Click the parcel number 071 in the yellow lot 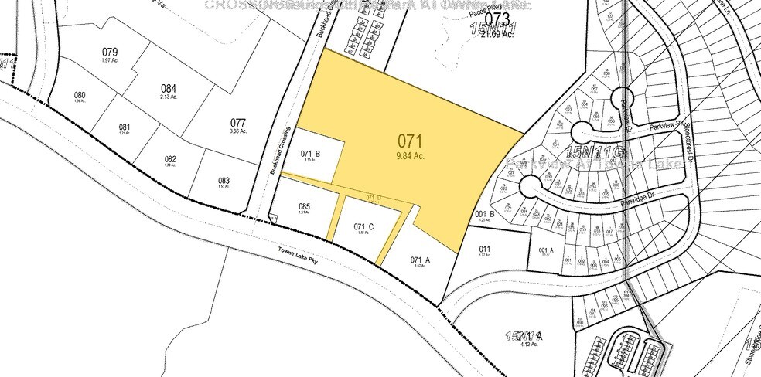tap(411, 141)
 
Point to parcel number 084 tap(169, 88)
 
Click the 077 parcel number tap(238, 123)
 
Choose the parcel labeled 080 tap(80, 95)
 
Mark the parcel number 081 tap(125, 127)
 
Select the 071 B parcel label tap(310, 153)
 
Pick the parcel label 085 tap(304, 206)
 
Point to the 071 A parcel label tap(420, 260)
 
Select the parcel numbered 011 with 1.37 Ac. tap(485, 249)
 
